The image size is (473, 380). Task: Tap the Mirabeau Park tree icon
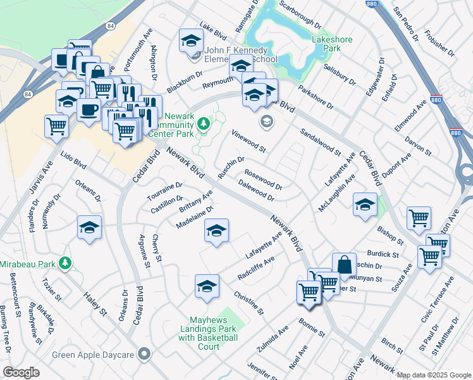(x=64, y=262)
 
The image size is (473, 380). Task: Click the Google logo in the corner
(x=21, y=372)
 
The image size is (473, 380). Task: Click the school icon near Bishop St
(x=365, y=205)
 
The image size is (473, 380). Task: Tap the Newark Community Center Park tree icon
(x=203, y=124)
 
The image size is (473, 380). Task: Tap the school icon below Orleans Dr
(x=89, y=227)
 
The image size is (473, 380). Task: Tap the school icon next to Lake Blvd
(x=190, y=41)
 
